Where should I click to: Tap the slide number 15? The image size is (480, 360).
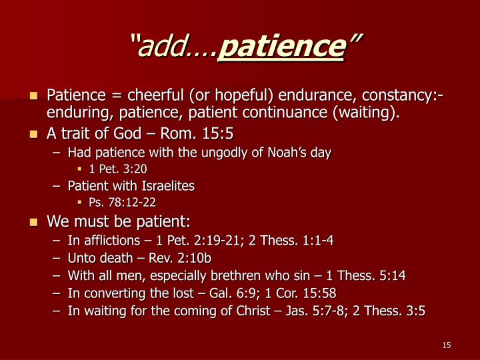click(x=447, y=345)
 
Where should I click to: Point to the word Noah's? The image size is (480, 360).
click(x=287, y=152)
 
